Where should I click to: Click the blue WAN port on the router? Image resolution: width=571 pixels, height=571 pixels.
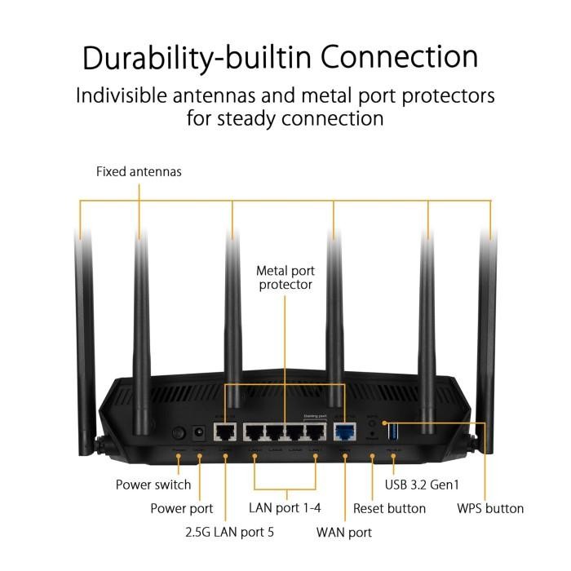coord(344,432)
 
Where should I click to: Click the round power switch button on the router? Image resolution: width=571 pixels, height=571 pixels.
coord(177,433)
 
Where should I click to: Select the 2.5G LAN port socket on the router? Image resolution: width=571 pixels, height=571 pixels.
coord(225,432)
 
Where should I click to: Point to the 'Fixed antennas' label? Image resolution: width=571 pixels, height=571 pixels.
coord(139,172)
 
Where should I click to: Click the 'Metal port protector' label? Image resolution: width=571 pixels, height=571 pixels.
coord(285,277)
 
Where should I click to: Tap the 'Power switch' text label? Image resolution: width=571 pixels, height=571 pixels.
coord(153,485)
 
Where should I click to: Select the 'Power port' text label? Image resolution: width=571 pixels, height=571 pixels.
coord(182,508)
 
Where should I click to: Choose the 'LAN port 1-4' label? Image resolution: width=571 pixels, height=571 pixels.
coord(285,508)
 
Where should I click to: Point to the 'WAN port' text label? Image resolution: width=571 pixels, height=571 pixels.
coord(344,533)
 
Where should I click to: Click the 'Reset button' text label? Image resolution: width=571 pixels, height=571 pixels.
coord(389,508)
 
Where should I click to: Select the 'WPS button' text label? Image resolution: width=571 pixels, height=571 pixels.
coord(490,508)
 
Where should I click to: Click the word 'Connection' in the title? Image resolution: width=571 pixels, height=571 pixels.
coord(399,57)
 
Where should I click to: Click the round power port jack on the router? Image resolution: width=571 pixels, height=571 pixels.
coord(198,433)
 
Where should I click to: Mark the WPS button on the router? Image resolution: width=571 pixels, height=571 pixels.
coord(373,423)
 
